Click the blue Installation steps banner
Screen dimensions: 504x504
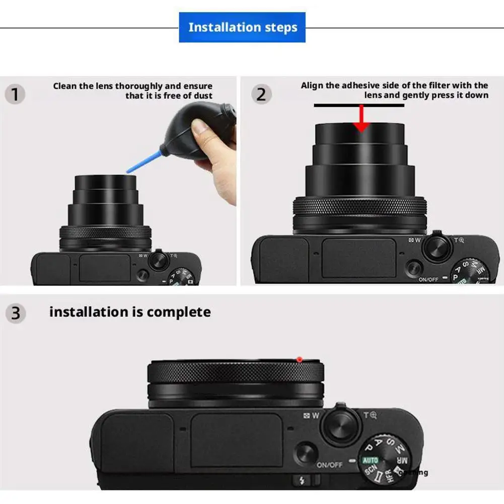(x=242, y=27)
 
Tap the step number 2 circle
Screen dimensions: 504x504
(x=261, y=94)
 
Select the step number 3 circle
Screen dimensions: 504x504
(x=16, y=313)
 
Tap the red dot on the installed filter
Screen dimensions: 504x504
(x=299, y=359)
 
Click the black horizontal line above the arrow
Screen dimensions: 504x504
(x=358, y=106)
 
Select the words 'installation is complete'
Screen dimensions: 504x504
(x=130, y=312)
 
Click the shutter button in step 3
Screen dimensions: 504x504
(x=342, y=426)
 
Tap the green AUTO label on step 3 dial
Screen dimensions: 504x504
(x=370, y=460)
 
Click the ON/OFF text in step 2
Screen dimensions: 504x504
(x=428, y=279)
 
